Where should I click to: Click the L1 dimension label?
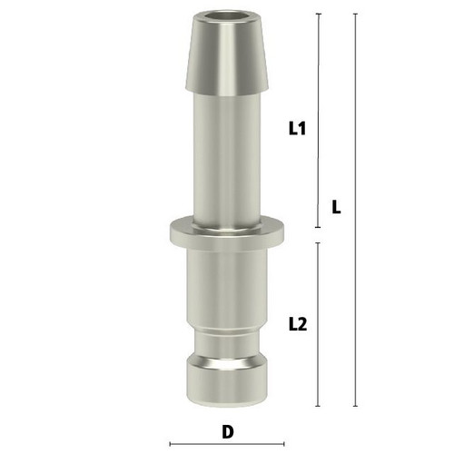click(298, 128)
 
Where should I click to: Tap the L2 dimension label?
click(298, 324)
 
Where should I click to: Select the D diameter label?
click(228, 432)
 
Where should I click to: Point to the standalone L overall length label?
click(336, 207)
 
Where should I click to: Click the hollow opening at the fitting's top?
click(227, 15)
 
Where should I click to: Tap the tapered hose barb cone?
click(227, 53)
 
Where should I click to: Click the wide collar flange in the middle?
click(227, 233)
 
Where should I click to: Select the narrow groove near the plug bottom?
click(227, 345)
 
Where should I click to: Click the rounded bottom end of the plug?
click(227, 382)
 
